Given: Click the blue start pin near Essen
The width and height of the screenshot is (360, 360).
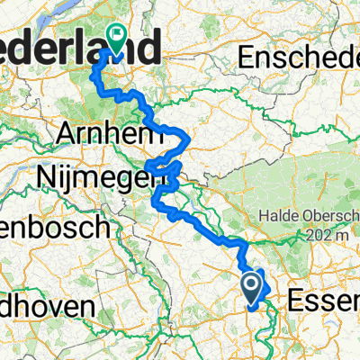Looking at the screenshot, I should click(x=252, y=287).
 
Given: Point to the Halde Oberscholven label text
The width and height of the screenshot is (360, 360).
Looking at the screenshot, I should click(x=306, y=216).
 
